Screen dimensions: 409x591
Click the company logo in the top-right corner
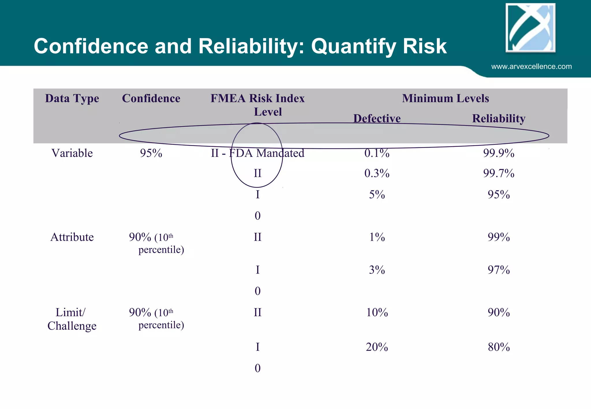(530, 28)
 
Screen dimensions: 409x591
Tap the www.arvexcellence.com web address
(531, 67)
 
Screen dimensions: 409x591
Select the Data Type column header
(72, 98)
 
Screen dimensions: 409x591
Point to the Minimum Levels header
(445, 98)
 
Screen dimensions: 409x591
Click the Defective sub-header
(377, 118)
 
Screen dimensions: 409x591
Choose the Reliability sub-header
(498, 118)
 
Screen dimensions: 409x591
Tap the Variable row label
(72, 153)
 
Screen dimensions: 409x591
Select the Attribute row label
(72, 237)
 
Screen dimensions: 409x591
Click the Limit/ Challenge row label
(72, 319)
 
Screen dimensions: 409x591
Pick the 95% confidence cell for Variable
(151, 153)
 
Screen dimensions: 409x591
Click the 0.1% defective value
(377, 153)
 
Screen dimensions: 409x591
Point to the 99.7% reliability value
(499, 173)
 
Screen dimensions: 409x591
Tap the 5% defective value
(377, 195)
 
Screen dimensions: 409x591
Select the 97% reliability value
(499, 270)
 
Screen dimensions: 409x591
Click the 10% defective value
(377, 313)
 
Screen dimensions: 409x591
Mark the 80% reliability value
(499, 347)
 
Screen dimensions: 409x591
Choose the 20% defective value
(377, 347)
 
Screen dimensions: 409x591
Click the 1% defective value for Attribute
(377, 237)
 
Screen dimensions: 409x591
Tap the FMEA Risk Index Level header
(257, 105)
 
